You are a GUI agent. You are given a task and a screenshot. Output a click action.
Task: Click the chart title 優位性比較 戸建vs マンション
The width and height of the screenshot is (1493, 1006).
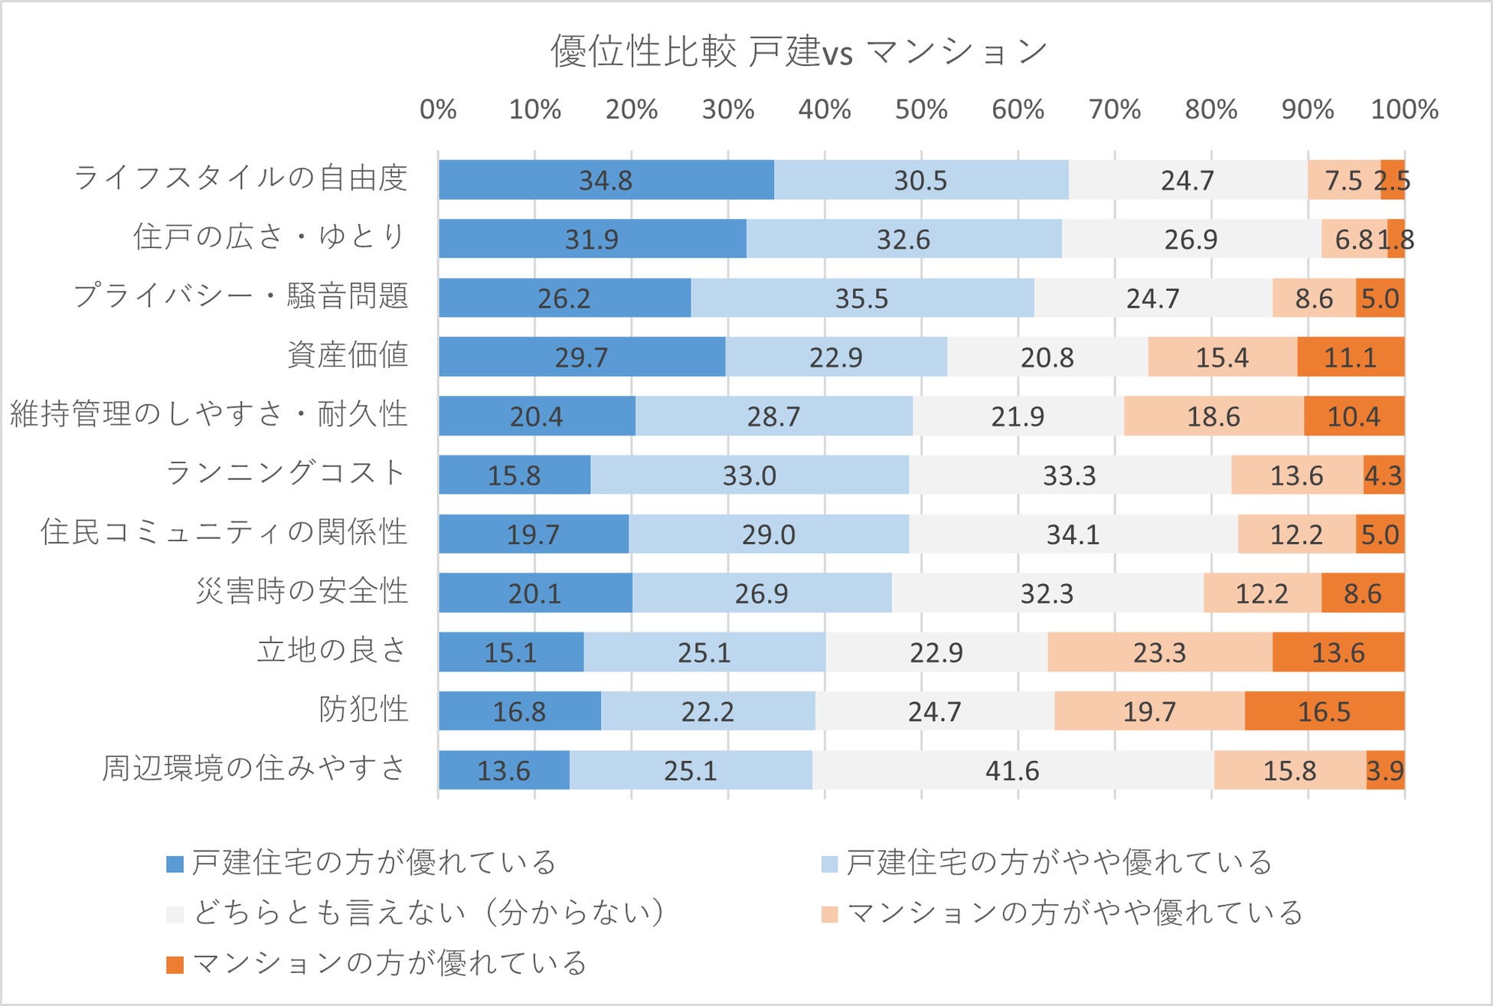click(799, 52)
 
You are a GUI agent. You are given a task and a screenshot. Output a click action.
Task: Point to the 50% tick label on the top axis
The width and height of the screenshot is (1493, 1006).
click(921, 109)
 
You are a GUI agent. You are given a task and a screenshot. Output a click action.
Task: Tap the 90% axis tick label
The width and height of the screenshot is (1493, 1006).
click(1308, 109)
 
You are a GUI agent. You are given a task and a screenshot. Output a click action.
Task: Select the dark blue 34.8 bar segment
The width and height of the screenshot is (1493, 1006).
click(606, 180)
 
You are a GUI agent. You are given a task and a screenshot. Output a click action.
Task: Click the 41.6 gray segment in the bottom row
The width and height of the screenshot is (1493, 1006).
click(1012, 770)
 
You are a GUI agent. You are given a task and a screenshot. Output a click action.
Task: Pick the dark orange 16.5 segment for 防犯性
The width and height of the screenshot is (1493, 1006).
click(1324, 711)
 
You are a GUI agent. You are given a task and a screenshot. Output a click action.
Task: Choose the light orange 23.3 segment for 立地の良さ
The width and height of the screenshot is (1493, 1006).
click(1159, 652)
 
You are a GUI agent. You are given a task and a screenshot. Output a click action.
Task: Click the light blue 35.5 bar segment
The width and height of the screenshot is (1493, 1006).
click(861, 298)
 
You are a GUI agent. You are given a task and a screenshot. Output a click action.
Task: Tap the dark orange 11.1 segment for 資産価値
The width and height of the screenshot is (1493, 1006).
click(1350, 357)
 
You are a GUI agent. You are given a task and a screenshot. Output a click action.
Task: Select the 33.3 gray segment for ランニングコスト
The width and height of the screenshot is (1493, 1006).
click(1069, 475)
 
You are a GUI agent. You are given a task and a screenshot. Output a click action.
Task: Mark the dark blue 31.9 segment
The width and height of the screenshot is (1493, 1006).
click(592, 239)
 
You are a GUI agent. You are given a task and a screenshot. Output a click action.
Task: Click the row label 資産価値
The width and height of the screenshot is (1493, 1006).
click(348, 355)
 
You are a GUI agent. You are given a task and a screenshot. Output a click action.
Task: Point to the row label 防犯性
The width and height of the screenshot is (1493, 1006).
click(363, 710)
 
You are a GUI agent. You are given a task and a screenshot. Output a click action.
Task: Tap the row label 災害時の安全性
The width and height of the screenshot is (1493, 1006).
click(302, 591)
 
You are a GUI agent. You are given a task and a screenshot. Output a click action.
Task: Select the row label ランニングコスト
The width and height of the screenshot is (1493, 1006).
click(286, 473)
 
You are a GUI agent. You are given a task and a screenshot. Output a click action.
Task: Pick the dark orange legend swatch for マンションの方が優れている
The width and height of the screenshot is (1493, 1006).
click(175, 965)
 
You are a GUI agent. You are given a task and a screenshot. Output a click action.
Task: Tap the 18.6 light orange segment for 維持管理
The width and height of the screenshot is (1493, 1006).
click(1213, 416)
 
